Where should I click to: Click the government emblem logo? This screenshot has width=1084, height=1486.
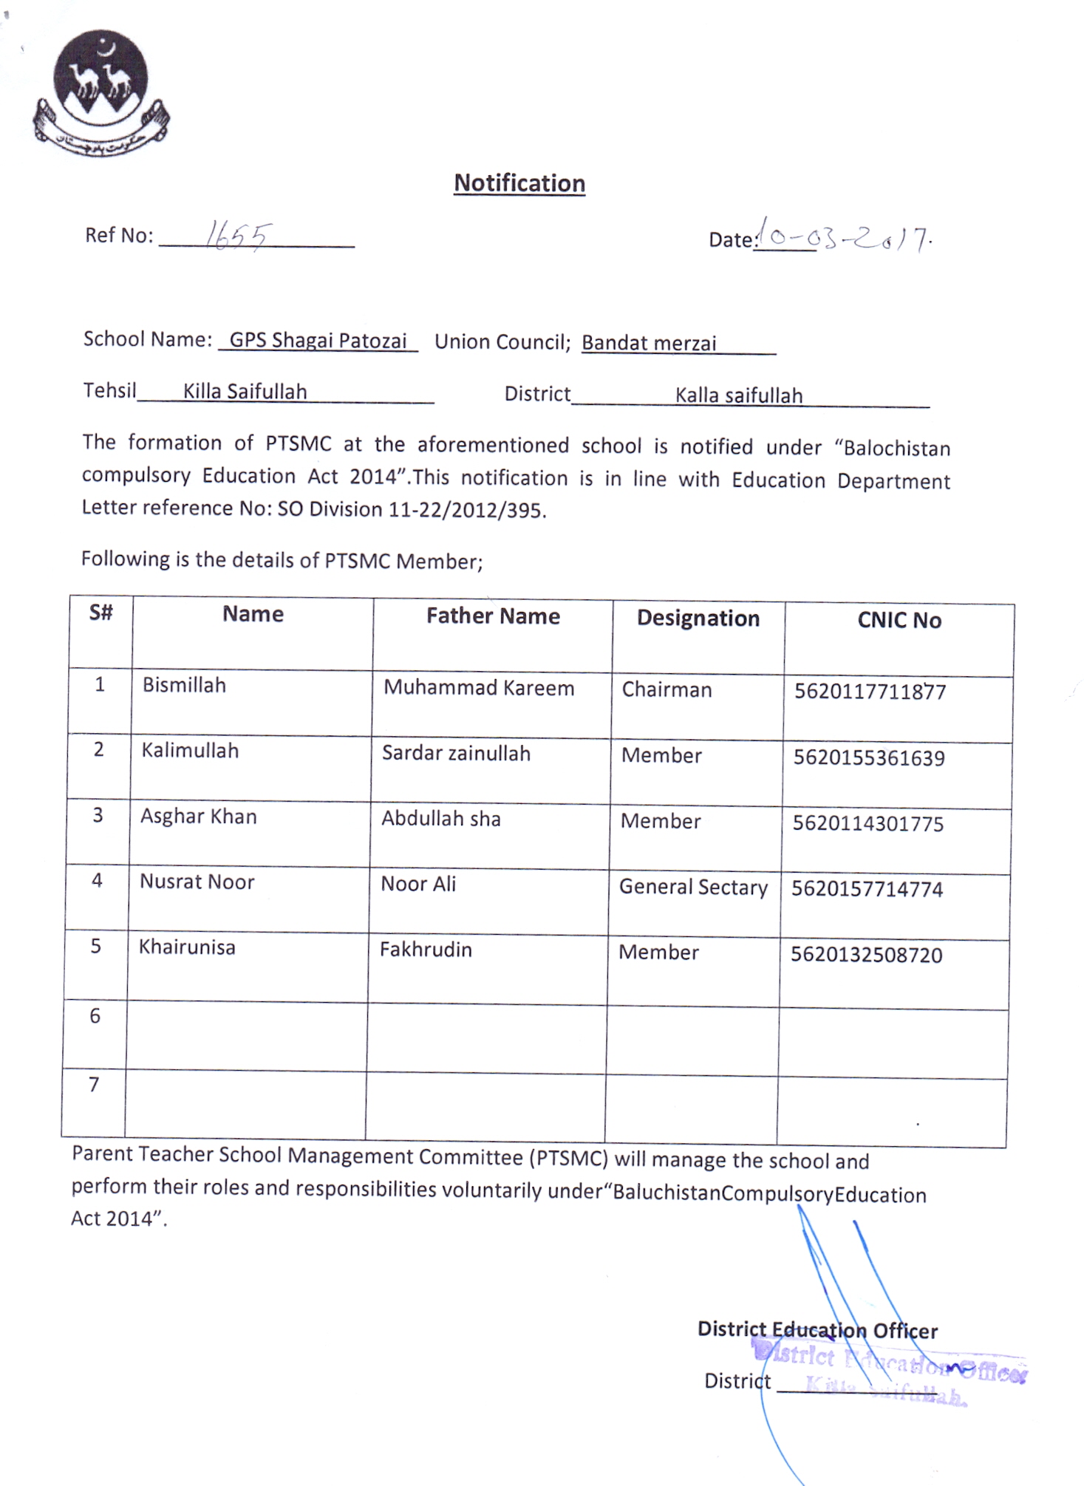coord(101,92)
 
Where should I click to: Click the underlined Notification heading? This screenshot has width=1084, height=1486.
coord(519,183)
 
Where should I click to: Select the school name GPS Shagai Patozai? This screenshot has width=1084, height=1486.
coord(318,341)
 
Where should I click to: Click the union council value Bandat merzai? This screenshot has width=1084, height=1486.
coord(649,344)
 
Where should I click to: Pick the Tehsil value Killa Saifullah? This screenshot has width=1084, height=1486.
coord(245,392)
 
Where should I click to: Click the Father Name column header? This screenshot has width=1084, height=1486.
coord(493,616)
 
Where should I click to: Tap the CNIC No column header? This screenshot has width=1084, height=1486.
coord(899,620)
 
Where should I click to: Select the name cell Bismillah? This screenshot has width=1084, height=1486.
coord(184,686)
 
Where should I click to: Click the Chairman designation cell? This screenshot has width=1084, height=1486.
coord(667,690)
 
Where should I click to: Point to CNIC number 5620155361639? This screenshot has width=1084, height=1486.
coord(869,758)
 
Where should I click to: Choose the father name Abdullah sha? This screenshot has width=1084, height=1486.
coord(441,819)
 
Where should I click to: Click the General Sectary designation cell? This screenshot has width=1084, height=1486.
coord(693,887)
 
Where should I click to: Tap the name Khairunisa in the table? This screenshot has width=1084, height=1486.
coord(187,947)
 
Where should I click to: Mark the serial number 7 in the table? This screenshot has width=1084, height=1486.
coord(94,1085)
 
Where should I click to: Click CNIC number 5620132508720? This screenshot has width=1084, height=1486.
coord(866,955)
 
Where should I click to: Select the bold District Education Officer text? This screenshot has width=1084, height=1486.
coord(817,1330)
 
